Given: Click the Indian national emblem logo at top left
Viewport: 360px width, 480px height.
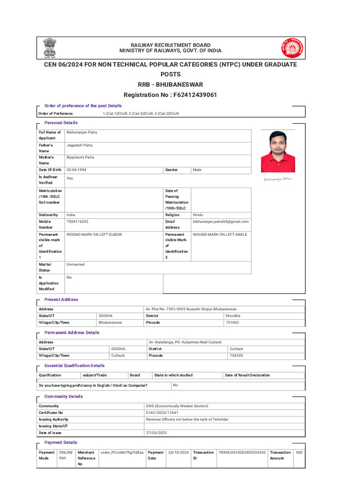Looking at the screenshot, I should (x=50, y=48).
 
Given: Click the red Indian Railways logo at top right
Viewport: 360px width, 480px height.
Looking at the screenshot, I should (x=292, y=48).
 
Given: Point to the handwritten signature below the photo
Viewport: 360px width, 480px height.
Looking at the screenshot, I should (x=277, y=179).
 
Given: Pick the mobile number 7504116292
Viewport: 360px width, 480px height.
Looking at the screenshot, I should (x=77, y=221).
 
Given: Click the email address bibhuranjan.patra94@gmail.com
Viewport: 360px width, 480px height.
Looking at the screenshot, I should (x=220, y=221).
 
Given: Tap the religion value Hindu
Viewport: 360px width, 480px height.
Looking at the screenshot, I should (x=198, y=215).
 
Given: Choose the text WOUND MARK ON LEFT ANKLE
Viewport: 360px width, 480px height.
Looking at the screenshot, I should (x=220, y=234).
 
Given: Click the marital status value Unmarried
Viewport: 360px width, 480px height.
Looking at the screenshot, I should (x=75, y=264).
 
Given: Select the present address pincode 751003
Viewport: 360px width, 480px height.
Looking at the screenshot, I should (x=232, y=322).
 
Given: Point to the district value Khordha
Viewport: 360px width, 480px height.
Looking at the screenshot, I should (x=233, y=316).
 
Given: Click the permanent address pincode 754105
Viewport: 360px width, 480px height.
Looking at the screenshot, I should (x=236, y=355).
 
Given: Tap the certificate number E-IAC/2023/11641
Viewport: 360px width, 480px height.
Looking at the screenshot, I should (x=162, y=412).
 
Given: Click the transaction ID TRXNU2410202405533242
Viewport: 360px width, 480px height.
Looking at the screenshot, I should (x=242, y=452).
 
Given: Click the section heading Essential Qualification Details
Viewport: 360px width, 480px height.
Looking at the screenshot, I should (x=74, y=366).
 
